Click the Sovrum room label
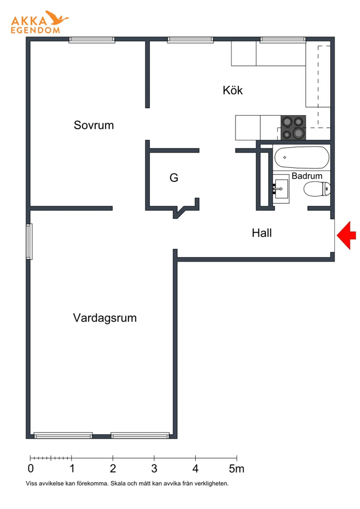(x=94, y=125)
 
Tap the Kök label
(x=232, y=90)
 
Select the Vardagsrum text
(x=105, y=318)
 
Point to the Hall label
(x=262, y=233)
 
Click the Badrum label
(x=307, y=176)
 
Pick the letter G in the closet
(x=174, y=178)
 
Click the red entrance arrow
(x=346, y=235)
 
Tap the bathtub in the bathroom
(x=302, y=158)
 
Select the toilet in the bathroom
(x=317, y=189)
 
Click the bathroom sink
(x=281, y=189)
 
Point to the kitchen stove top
(x=293, y=128)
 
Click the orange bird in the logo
(x=57, y=17)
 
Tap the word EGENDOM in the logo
(x=35, y=30)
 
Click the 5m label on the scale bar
(x=236, y=468)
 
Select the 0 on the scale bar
(x=31, y=468)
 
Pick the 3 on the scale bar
(x=154, y=468)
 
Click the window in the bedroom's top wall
(x=92, y=40)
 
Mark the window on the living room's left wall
(x=29, y=242)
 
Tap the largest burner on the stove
(x=298, y=133)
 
